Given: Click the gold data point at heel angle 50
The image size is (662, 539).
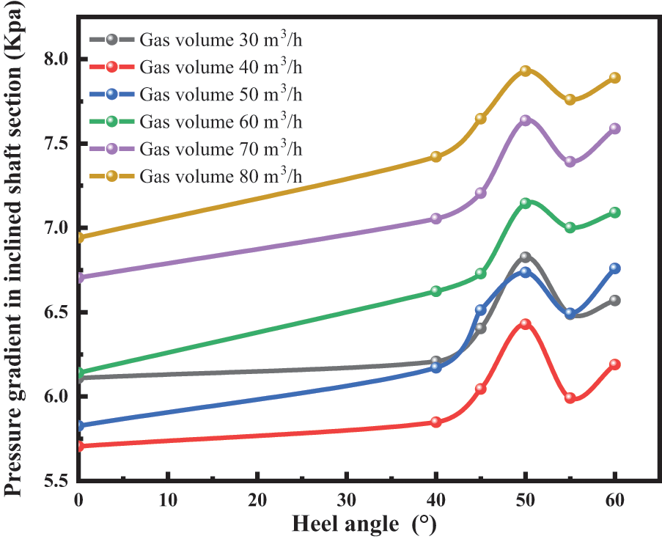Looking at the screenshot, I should click(x=525, y=71).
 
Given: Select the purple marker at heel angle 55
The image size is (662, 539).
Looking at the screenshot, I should click(x=570, y=161).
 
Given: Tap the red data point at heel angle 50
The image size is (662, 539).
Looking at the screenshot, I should click(x=525, y=323).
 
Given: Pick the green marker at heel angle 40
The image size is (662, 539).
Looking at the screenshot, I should click(x=436, y=291).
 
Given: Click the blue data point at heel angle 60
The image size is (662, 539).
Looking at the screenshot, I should click(x=614, y=268).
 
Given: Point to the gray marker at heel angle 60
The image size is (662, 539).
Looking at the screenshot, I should click(x=614, y=301).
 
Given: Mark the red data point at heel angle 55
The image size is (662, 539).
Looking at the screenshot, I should click(x=570, y=397).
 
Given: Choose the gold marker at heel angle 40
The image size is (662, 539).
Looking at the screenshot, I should click(x=436, y=156).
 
